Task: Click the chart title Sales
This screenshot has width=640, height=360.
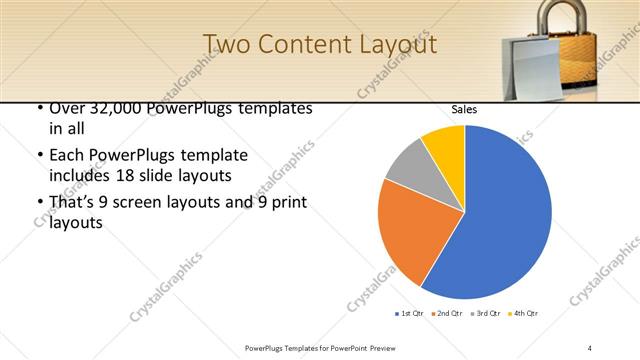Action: [x=464, y=108]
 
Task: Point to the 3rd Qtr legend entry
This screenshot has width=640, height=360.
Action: [x=483, y=314]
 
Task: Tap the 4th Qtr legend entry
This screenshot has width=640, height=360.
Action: [x=522, y=314]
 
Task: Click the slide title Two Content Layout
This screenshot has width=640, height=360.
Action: [x=319, y=45]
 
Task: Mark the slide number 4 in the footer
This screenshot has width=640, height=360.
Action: [x=589, y=347]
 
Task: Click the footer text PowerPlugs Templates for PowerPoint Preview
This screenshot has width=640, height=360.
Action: [x=319, y=347]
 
